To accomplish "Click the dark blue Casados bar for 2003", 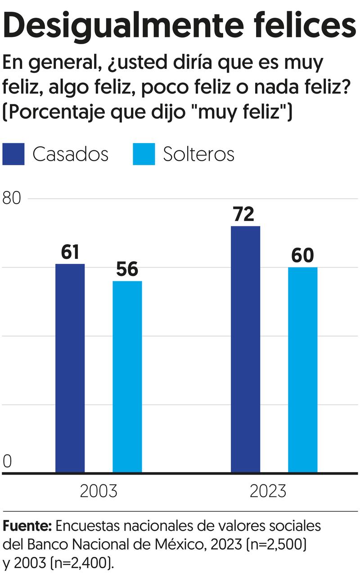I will pos(70,368).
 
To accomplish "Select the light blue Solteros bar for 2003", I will pos(127,376).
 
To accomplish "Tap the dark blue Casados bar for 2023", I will pos(245,349).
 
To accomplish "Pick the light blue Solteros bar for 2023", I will pos(302,370).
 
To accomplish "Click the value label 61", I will pos(70,253).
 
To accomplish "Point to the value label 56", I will pos(127,270).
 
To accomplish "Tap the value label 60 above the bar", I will pos(302,256).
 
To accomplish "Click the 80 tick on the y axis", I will pos(12,199).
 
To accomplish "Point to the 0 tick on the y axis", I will pos(7,461).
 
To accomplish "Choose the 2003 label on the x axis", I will pos(98,491).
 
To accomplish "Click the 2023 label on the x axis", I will pos(268,491).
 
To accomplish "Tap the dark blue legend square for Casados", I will pos(13,154).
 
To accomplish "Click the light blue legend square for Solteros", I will pos(144,154).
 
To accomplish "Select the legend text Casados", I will pos(70,154).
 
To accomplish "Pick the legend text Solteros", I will pos(198,154).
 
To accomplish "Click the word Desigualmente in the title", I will pos(117,26).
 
